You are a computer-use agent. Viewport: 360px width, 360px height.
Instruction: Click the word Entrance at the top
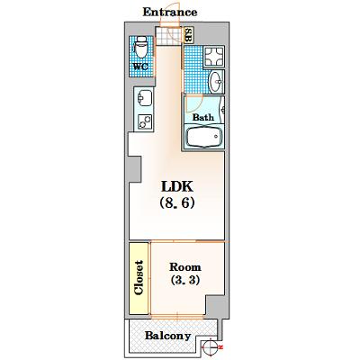tap(170, 12)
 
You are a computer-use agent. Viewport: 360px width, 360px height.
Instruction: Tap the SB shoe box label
tap(188, 35)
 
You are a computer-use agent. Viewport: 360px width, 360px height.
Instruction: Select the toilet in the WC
tap(140, 47)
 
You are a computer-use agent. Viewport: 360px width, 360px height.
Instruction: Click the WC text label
tap(140, 67)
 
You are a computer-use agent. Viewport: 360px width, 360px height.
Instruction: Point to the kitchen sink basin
tap(144, 98)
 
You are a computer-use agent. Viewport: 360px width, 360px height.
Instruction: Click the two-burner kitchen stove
tap(144, 122)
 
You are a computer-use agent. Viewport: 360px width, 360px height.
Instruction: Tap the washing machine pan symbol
tap(214, 57)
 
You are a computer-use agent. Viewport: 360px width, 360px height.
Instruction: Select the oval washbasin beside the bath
tap(216, 81)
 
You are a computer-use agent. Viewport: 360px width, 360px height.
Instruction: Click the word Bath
tap(203, 117)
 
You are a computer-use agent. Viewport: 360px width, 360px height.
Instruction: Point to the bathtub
tap(204, 137)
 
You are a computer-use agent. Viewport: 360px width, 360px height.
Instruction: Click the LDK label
tap(177, 186)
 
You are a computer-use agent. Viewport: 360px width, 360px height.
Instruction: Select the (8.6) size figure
tap(177, 202)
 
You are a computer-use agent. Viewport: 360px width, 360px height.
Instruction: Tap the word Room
tap(185, 266)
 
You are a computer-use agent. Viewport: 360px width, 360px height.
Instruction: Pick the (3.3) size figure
tap(185, 280)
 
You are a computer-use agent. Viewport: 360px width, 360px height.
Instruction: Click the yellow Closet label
tap(139, 277)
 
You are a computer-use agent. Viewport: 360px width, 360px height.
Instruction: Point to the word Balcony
tap(168, 336)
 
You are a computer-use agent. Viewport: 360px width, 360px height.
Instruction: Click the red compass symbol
tap(211, 347)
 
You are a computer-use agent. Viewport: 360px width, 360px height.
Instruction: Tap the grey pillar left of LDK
tap(135, 169)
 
